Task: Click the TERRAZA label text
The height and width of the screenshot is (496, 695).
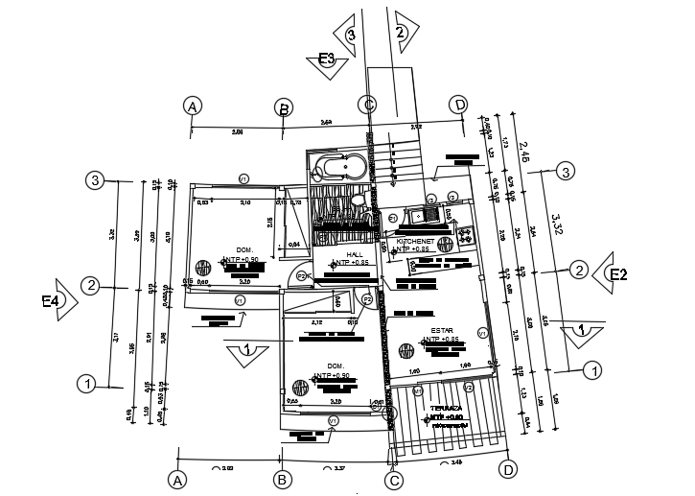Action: (x=447, y=408)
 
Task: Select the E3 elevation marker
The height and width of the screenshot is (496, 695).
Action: (x=327, y=59)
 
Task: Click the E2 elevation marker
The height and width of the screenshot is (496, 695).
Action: (x=617, y=275)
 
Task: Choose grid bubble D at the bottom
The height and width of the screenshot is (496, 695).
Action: (x=509, y=469)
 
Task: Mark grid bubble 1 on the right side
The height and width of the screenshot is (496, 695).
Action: (x=592, y=368)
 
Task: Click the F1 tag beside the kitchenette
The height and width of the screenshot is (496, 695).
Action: (x=393, y=219)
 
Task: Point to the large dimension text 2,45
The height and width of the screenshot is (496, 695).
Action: (x=524, y=150)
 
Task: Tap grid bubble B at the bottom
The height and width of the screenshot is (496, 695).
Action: (x=282, y=478)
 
